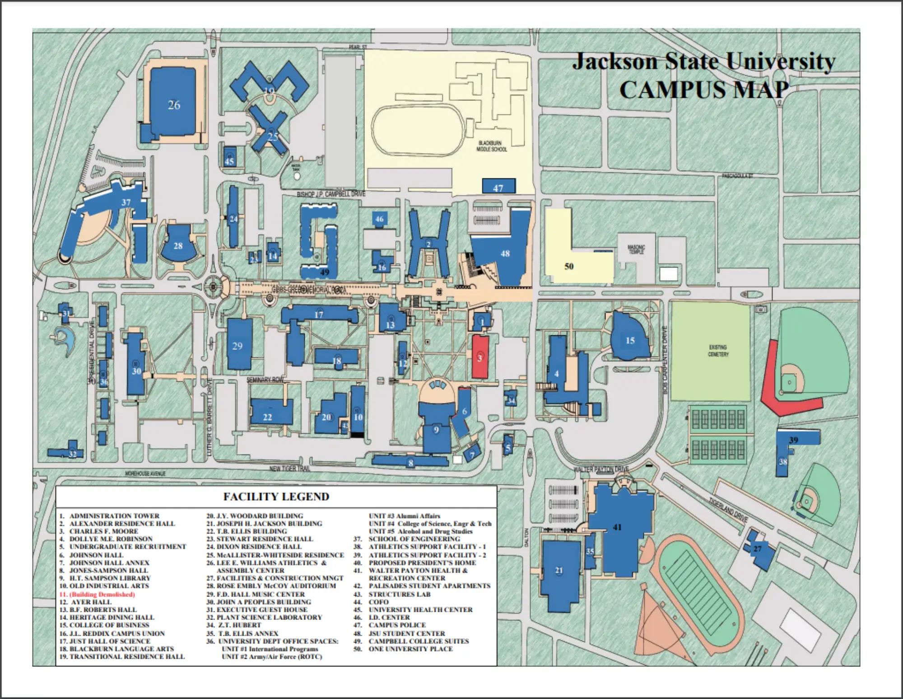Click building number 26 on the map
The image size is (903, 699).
(174, 105)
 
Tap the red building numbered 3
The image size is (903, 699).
(480, 357)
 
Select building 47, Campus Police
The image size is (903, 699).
(498, 187)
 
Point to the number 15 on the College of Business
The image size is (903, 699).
(630, 340)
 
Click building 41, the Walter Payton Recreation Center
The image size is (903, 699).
(617, 527)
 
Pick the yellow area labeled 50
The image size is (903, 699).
(569, 267)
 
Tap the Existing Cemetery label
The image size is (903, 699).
(718, 351)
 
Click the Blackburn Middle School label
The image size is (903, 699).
(492, 146)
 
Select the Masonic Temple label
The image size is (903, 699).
(636, 249)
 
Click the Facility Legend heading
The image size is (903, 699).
(276, 497)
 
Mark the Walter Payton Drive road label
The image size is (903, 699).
(601, 469)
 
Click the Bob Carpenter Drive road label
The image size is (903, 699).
(665, 359)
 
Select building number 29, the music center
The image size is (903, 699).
(238, 346)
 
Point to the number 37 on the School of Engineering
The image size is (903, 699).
(126, 202)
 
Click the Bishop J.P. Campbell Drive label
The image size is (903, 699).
(331, 194)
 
